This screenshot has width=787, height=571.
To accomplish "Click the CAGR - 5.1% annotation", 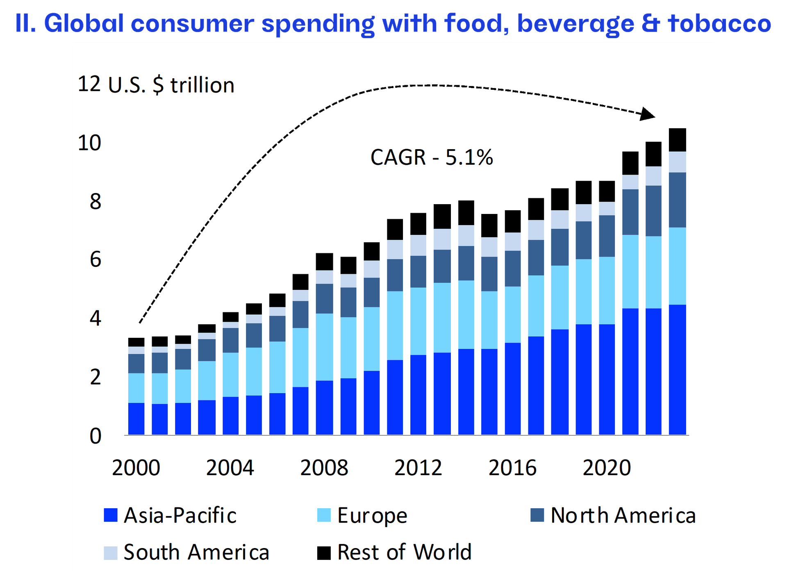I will click(432, 157).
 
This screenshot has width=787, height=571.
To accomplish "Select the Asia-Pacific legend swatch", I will click(111, 515).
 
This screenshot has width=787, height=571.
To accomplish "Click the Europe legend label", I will click(372, 515).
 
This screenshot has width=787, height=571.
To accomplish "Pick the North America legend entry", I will click(613, 515).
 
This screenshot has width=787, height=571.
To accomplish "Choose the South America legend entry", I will click(187, 552).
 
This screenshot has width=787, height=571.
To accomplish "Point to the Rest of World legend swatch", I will click(324, 553).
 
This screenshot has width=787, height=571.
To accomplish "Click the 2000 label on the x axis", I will click(136, 468).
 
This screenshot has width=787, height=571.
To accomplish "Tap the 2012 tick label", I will click(418, 468).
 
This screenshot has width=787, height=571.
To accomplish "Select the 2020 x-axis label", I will click(607, 468).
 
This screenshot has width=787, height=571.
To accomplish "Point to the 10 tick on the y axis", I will click(89, 143).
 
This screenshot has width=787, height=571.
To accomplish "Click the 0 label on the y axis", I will click(95, 436).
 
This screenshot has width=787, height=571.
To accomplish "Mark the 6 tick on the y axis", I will click(95, 259).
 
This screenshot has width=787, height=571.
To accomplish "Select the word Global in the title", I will click(84, 23).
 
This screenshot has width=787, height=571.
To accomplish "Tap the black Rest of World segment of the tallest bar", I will click(677, 140).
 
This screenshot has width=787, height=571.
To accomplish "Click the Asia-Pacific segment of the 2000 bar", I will click(136, 419).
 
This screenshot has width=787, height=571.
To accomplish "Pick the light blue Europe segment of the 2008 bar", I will click(324, 347).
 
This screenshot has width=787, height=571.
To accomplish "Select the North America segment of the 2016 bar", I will click(512, 268).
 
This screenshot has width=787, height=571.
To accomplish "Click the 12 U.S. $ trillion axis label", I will click(156, 85).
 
